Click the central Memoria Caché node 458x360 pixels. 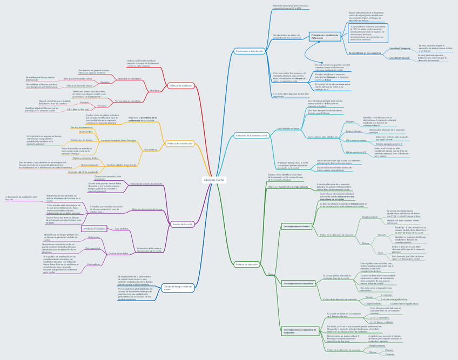[214, 180]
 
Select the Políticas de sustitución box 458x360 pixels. [181, 85]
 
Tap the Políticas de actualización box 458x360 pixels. [180, 144]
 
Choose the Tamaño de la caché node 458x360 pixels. [183, 224]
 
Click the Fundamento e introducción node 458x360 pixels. [249, 51]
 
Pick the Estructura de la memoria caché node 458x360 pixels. [252, 135]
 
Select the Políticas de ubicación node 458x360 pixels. [247, 264]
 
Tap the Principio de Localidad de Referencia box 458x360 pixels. [325, 36]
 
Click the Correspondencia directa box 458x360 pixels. [296, 227]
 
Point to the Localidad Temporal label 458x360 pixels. [400, 49]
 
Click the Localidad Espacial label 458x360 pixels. [400, 58]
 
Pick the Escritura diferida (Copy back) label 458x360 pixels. [122, 165]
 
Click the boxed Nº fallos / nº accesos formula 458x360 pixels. [93, 229]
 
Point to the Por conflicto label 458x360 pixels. [93, 264]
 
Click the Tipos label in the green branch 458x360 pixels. [271, 275]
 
